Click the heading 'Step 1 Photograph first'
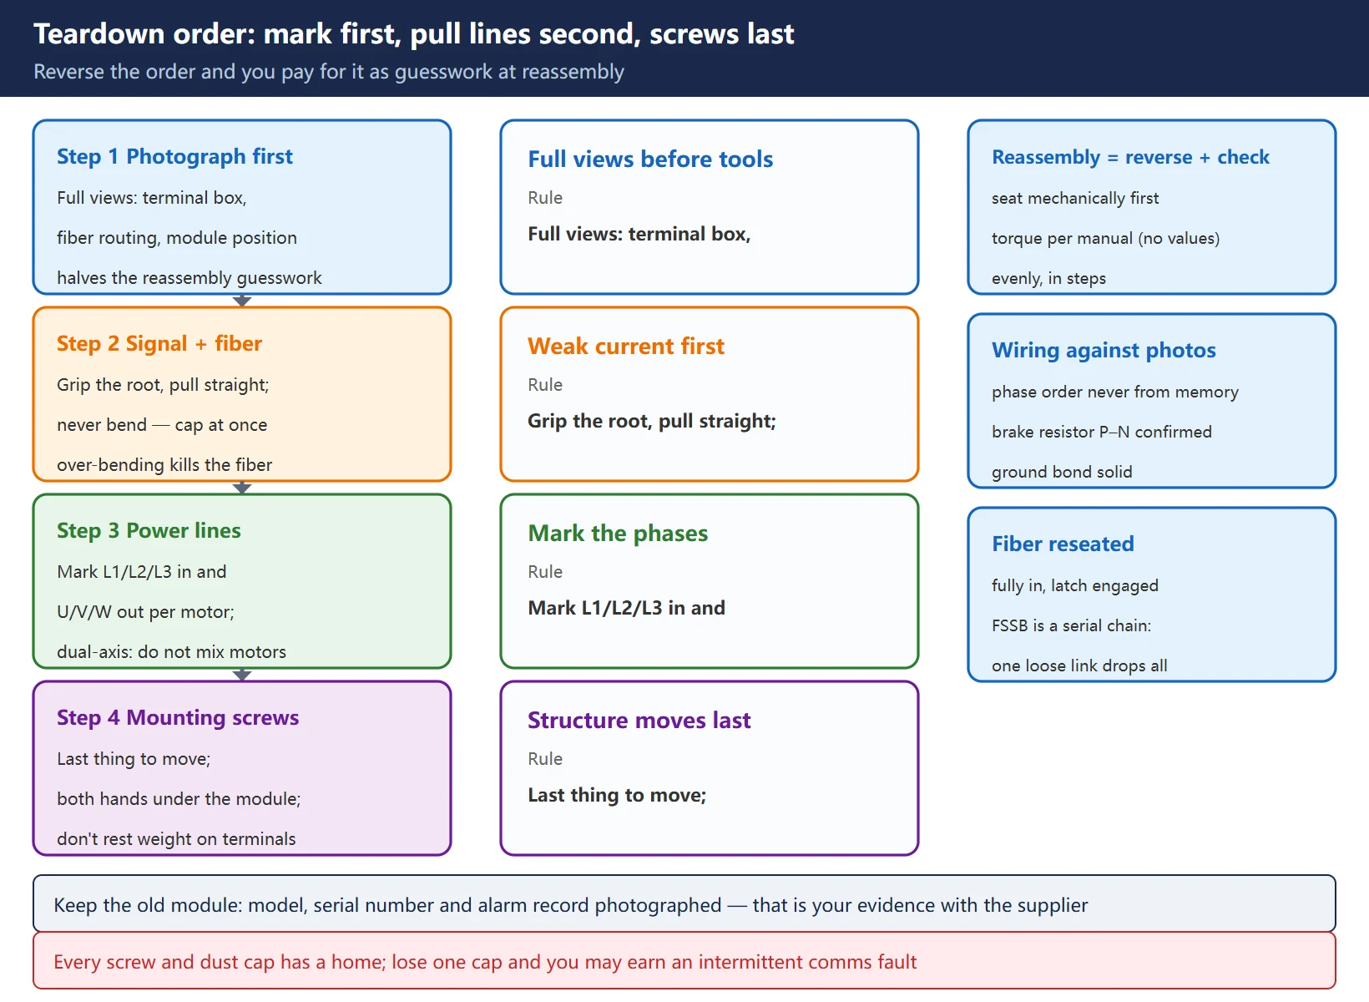[174, 156]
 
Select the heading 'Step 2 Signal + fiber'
[159, 343]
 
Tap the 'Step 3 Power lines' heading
[149, 531]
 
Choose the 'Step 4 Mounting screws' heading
[178, 718]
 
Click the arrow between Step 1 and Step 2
[243, 301]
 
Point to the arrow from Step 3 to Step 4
[243, 675]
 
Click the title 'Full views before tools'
[650, 159]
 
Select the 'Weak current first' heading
[626, 347]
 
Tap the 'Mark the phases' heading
[618, 534]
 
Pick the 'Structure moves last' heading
[639, 721]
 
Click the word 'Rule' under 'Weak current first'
[545, 385]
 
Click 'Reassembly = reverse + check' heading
[1130, 157]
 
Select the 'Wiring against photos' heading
[1104, 351]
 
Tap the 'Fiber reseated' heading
[1063, 544]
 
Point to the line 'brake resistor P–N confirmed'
[1101, 433]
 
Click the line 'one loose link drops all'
[1079, 665]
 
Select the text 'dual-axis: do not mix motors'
[171, 652]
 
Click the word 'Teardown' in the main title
[99, 33]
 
